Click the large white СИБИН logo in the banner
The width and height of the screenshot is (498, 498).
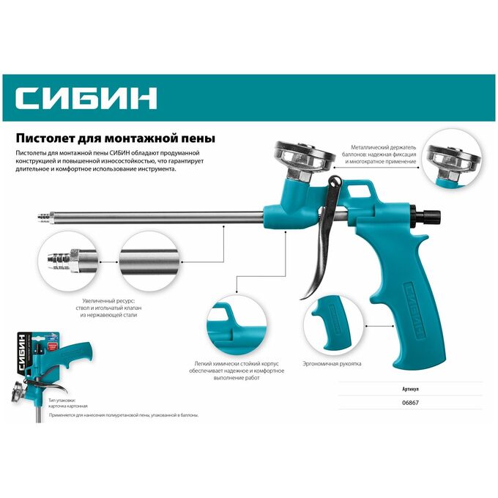tap(86, 98)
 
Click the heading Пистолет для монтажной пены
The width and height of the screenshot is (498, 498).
tap(116, 138)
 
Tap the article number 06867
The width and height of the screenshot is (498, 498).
tap(410, 402)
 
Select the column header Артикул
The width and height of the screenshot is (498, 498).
tap(410, 389)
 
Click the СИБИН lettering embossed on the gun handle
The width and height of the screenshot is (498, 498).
tap(415, 309)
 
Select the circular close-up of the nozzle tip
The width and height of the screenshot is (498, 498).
tap(67, 261)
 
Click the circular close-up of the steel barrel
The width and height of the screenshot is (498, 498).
tap(149, 261)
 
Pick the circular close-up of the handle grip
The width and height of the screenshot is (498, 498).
tap(333, 326)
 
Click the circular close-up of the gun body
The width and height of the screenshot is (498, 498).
tap(237, 326)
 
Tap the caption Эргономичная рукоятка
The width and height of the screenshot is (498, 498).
tap(332, 364)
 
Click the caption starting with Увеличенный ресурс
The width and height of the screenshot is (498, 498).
tap(108, 308)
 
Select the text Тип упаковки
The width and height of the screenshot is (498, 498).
tap(62, 401)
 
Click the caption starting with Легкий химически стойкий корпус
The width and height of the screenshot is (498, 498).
tap(237, 371)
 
